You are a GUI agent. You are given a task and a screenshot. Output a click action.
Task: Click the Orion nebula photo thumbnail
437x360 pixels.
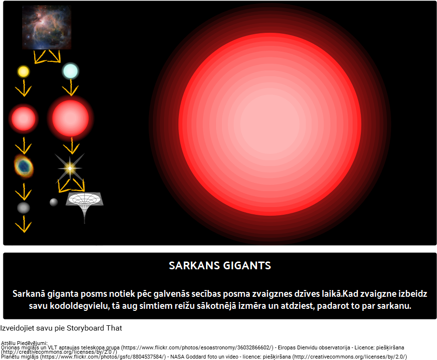tap(47, 28)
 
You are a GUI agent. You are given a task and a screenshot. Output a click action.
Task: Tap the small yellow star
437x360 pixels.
tap(24, 71)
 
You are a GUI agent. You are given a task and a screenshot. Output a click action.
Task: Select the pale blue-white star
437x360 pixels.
tap(70, 71)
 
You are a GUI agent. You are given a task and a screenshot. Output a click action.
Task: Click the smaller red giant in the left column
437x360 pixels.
tap(24, 119)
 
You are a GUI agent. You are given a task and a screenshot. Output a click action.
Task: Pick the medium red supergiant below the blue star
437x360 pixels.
tap(70, 119)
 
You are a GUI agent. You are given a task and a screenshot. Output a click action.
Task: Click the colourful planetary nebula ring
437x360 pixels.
tap(24, 166)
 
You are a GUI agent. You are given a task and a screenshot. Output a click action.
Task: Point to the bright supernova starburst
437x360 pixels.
tap(69, 168)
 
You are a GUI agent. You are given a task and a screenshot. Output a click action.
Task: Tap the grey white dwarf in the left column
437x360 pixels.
tap(24, 208)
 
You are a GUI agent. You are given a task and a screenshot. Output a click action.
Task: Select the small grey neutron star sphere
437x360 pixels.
tap(54, 202)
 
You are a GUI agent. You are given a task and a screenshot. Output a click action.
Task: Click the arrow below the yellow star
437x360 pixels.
tap(24, 88)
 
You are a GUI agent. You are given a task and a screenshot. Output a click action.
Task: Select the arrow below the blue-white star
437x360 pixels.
tap(70, 87)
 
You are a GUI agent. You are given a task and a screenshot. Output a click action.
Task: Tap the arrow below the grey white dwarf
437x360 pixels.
tap(24, 224)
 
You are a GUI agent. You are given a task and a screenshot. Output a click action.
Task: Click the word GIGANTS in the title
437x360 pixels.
tap(247, 265)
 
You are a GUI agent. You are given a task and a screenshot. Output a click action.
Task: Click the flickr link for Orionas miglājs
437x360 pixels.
tap(197, 347)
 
